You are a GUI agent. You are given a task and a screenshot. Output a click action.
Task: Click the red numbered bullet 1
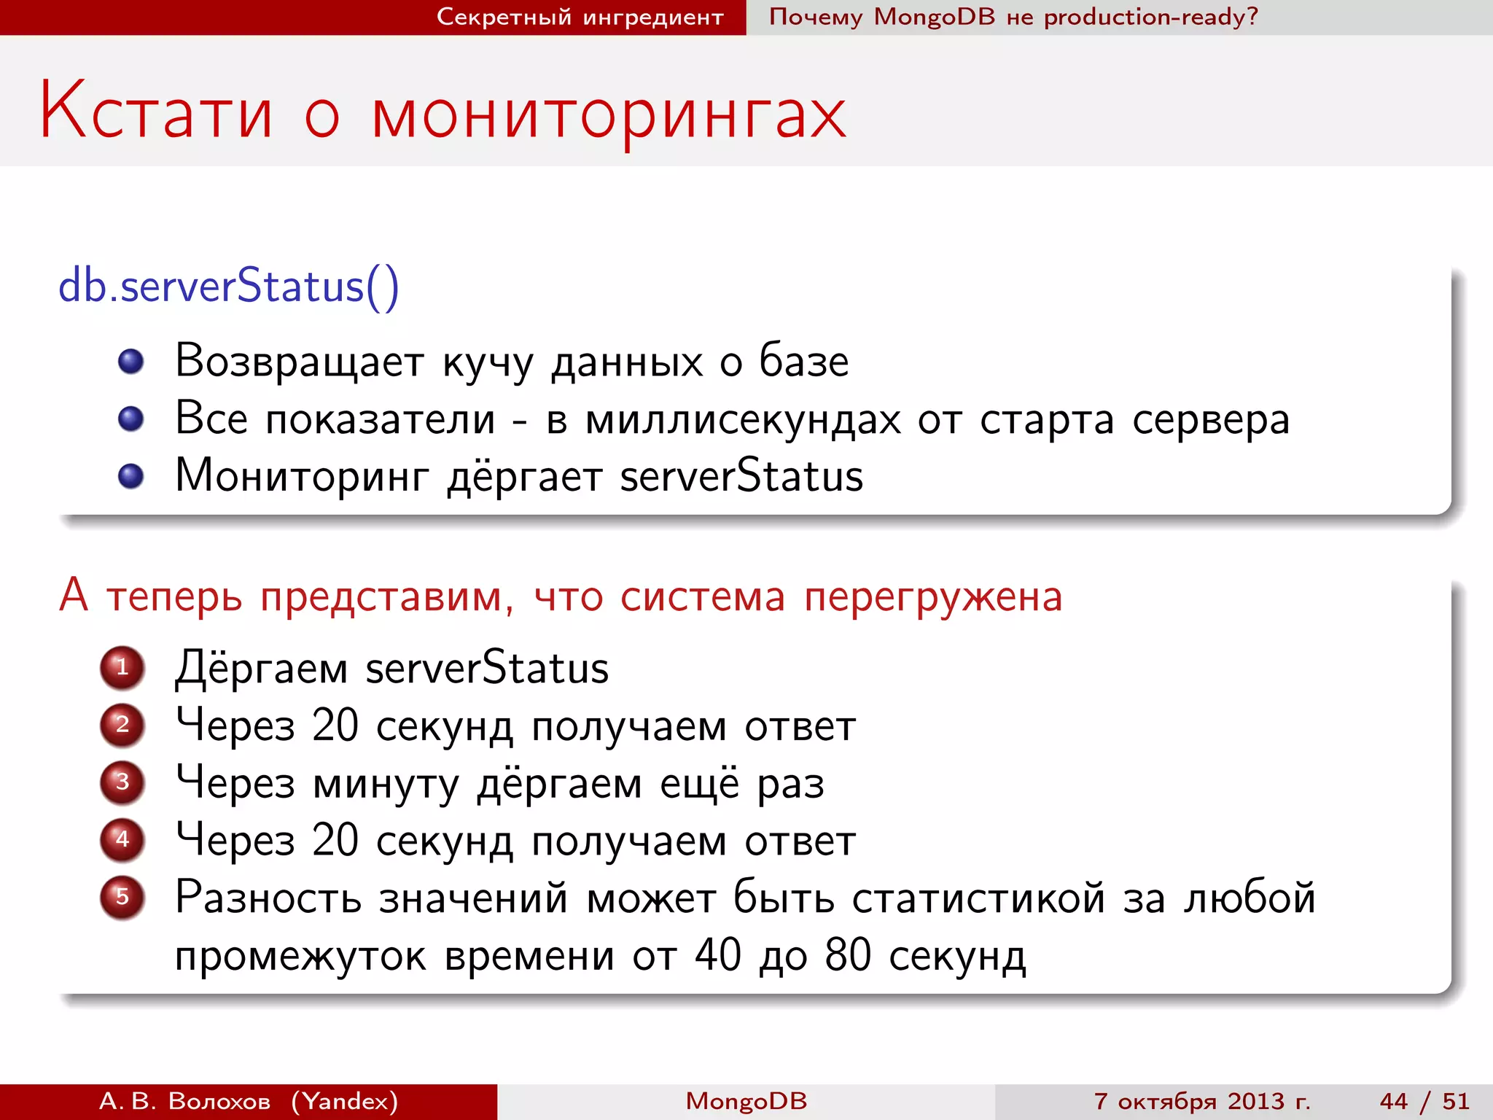(x=122, y=667)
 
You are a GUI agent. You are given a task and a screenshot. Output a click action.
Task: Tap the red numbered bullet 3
(x=122, y=782)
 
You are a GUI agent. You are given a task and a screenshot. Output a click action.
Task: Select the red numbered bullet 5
(x=122, y=897)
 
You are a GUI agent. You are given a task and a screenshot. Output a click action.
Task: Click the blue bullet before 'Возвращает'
(x=131, y=361)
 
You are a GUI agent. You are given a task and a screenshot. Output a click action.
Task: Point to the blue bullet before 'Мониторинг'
(x=131, y=476)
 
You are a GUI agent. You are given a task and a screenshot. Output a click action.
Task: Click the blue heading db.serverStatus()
(x=228, y=286)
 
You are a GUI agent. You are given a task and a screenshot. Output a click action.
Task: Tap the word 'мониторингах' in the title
(x=609, y=115)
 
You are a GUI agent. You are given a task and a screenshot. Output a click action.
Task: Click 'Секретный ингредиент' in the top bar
(x=580, y=17)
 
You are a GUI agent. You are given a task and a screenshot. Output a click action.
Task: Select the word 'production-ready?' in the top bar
(x=1151, y=17)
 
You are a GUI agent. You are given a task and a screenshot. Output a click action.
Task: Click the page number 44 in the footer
(x=1394, y=1101)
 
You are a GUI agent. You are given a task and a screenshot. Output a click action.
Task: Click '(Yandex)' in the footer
(x=345, y=1101)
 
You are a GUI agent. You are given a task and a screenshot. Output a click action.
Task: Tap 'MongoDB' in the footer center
(x=746, y=1101)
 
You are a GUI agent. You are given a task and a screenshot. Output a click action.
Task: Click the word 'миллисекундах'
(x=743, y=420)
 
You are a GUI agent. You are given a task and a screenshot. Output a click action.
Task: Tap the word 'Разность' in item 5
(x=268, y=898)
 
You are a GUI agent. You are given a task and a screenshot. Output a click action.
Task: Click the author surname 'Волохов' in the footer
(x=219, y=1101)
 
